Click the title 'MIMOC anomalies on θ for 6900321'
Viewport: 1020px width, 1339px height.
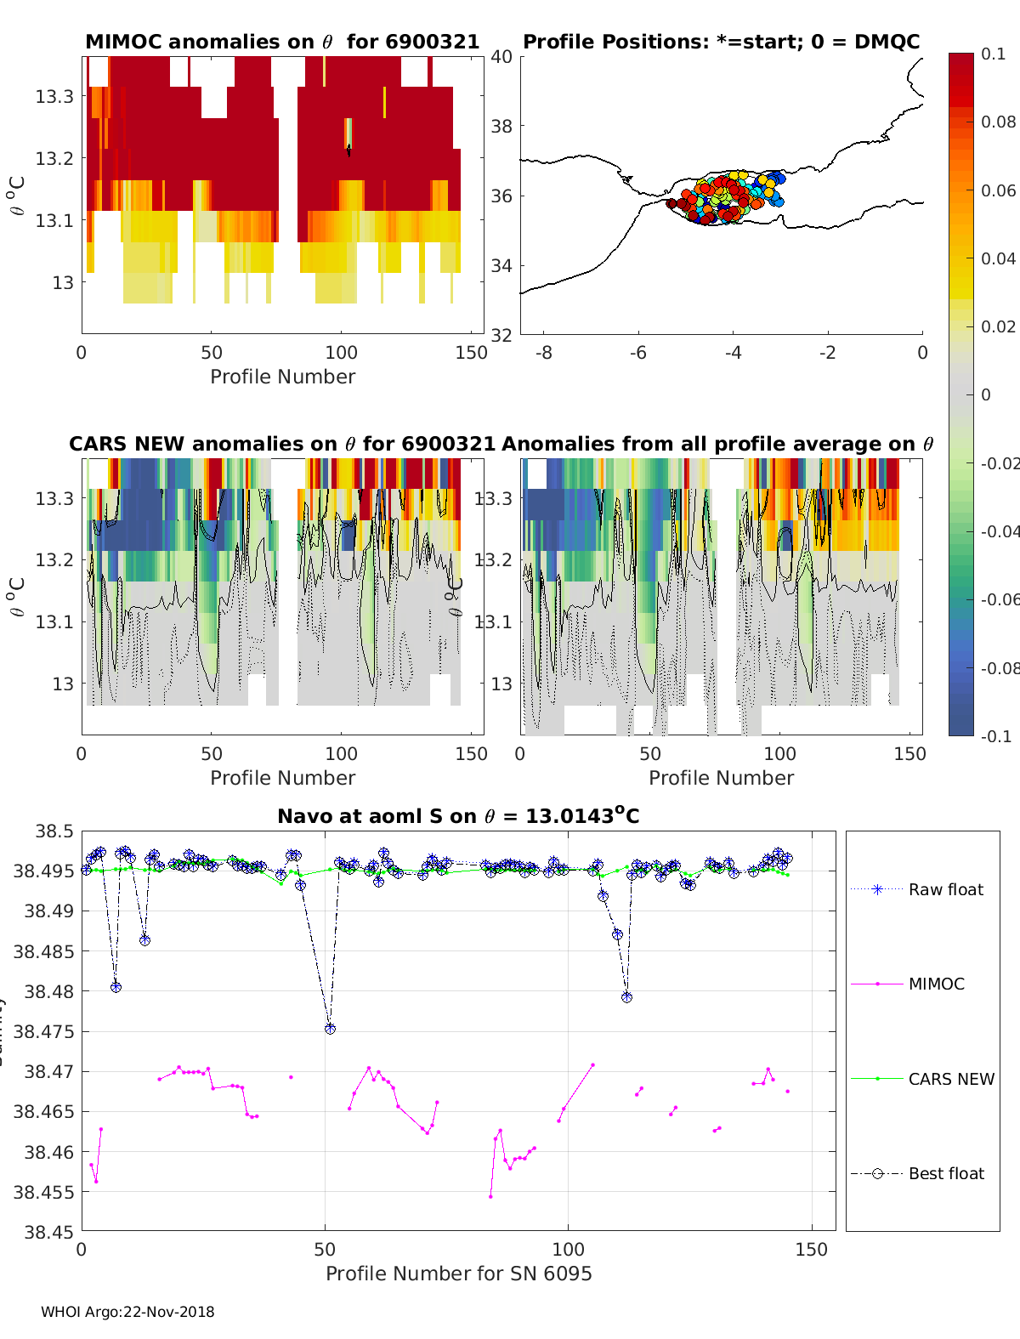282,42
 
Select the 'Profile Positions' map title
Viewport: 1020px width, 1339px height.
721,42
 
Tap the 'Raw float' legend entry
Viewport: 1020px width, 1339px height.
945,889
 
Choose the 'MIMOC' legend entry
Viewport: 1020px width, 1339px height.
936,984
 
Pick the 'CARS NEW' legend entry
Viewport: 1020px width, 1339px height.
950,1079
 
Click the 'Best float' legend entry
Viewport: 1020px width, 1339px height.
945,1173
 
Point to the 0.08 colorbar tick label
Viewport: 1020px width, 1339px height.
998,122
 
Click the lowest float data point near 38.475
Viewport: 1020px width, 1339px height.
331,1029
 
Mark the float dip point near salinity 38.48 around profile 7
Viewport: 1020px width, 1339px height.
116,987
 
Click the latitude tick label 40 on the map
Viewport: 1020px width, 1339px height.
501,57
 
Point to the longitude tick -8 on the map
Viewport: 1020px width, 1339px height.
544,352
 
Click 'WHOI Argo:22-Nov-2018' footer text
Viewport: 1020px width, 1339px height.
127,1312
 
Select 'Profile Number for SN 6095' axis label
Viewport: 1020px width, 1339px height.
458,1274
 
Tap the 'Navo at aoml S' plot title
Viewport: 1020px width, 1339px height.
458,816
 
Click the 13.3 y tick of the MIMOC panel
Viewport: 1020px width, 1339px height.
54,96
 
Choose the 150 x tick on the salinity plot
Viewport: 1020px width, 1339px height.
811,1249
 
